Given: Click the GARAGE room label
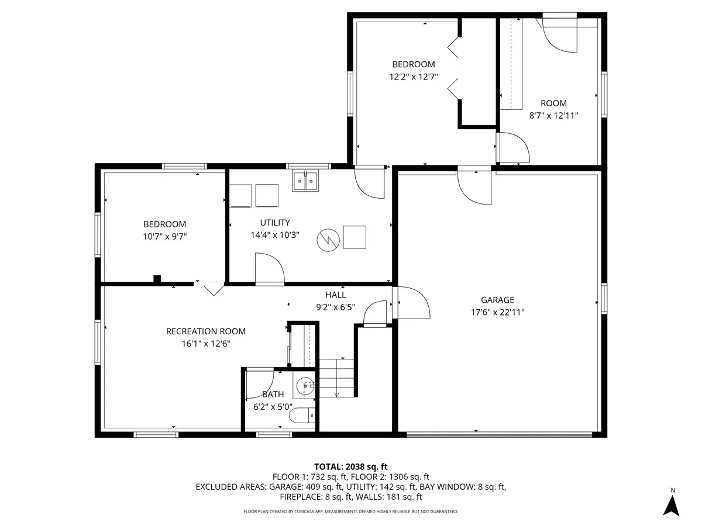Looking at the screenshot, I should pos(497,300).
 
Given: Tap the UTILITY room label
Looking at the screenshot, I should pos(275,223).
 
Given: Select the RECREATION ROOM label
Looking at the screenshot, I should pos(206,331).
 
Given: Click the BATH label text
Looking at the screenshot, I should pos(273,394).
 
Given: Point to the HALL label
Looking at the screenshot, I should pos(336,295).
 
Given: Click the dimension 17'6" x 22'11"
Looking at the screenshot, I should pos(498,312).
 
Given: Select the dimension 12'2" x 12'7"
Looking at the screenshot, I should pos(414,77).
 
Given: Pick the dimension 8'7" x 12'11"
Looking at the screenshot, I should pos(553,116).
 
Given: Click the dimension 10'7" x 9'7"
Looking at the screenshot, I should pos(164,236).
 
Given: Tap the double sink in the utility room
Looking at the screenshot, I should pos(305,182).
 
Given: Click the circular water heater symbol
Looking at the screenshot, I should pos(328,240).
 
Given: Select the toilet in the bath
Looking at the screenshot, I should pos(304,416).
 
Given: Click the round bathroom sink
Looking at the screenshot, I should pos(305,386).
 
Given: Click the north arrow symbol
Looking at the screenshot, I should pos(673,504).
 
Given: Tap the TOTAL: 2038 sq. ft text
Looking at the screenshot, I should pos(351,466).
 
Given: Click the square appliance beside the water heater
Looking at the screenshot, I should pos(355,237).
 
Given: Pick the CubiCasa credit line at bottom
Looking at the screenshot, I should pos(351,511).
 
